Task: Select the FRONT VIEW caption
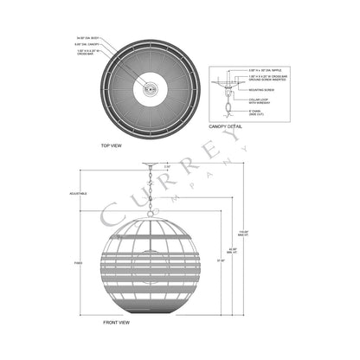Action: [116, 321]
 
